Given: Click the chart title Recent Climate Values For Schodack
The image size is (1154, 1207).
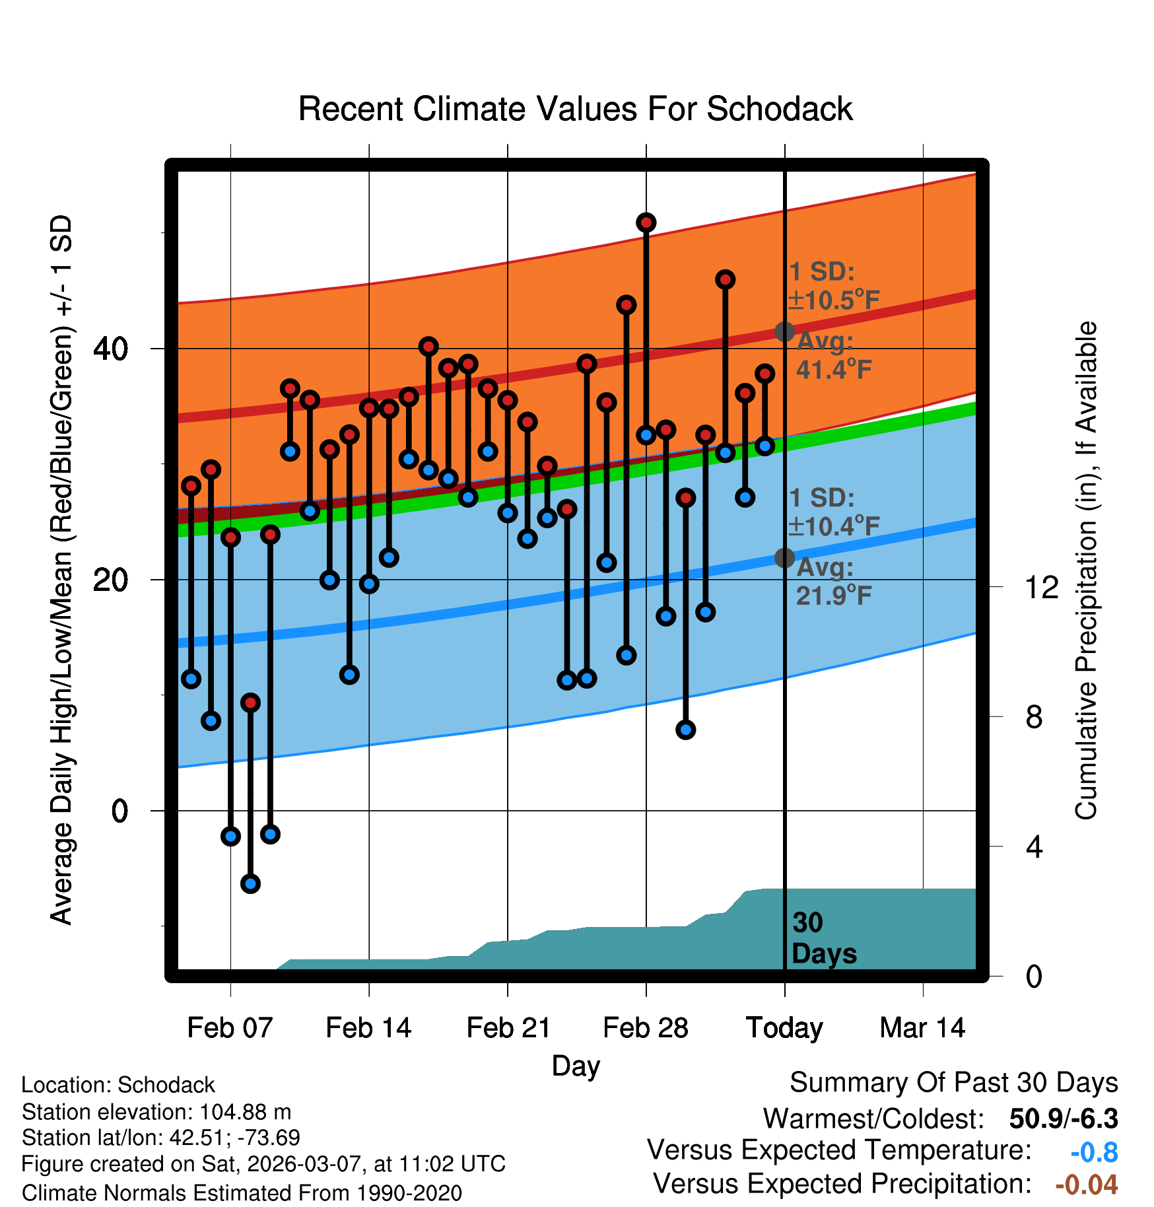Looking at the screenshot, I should click(x=575, y=109).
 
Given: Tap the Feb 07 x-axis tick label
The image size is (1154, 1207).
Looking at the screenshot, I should click(x=230, y=1028).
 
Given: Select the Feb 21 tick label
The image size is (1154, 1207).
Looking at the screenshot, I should click(x=508, y=1028).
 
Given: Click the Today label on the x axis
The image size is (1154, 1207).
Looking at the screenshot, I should click(x=784, y=1028).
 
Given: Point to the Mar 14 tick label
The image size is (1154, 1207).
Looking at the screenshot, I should click(x=922, y=1028).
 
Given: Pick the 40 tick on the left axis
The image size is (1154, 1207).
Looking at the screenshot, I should click(x=110, y=349).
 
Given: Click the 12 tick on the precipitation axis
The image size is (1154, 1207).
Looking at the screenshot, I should click(x=1042, y=587).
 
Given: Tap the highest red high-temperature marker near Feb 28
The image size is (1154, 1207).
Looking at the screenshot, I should click(x=646, y=223).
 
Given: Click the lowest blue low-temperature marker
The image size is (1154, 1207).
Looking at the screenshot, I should click(x=250, y=883).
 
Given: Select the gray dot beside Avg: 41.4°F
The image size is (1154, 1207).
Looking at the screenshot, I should click(x=784, y=331).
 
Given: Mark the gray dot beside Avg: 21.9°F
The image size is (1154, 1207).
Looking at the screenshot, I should click(x=784, y=558).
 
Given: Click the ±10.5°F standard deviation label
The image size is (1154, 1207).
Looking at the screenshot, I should click(x=834, y=300).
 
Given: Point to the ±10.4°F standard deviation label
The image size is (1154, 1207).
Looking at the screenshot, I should click(x=834, y=527).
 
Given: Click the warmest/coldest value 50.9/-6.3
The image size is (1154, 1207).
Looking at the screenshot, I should click(x=1063, y=1119).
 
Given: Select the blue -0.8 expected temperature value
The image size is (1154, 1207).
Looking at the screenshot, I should click(x=1094, y=1152).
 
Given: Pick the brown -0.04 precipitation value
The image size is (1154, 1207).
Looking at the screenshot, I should click(x=1086, y=1185).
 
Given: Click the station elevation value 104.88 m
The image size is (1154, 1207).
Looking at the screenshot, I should click(x=245, y=1112).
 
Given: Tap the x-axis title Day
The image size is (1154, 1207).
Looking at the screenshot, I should click(x=576, y=1066).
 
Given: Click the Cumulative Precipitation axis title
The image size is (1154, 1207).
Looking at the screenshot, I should click(x=1086, y=571).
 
